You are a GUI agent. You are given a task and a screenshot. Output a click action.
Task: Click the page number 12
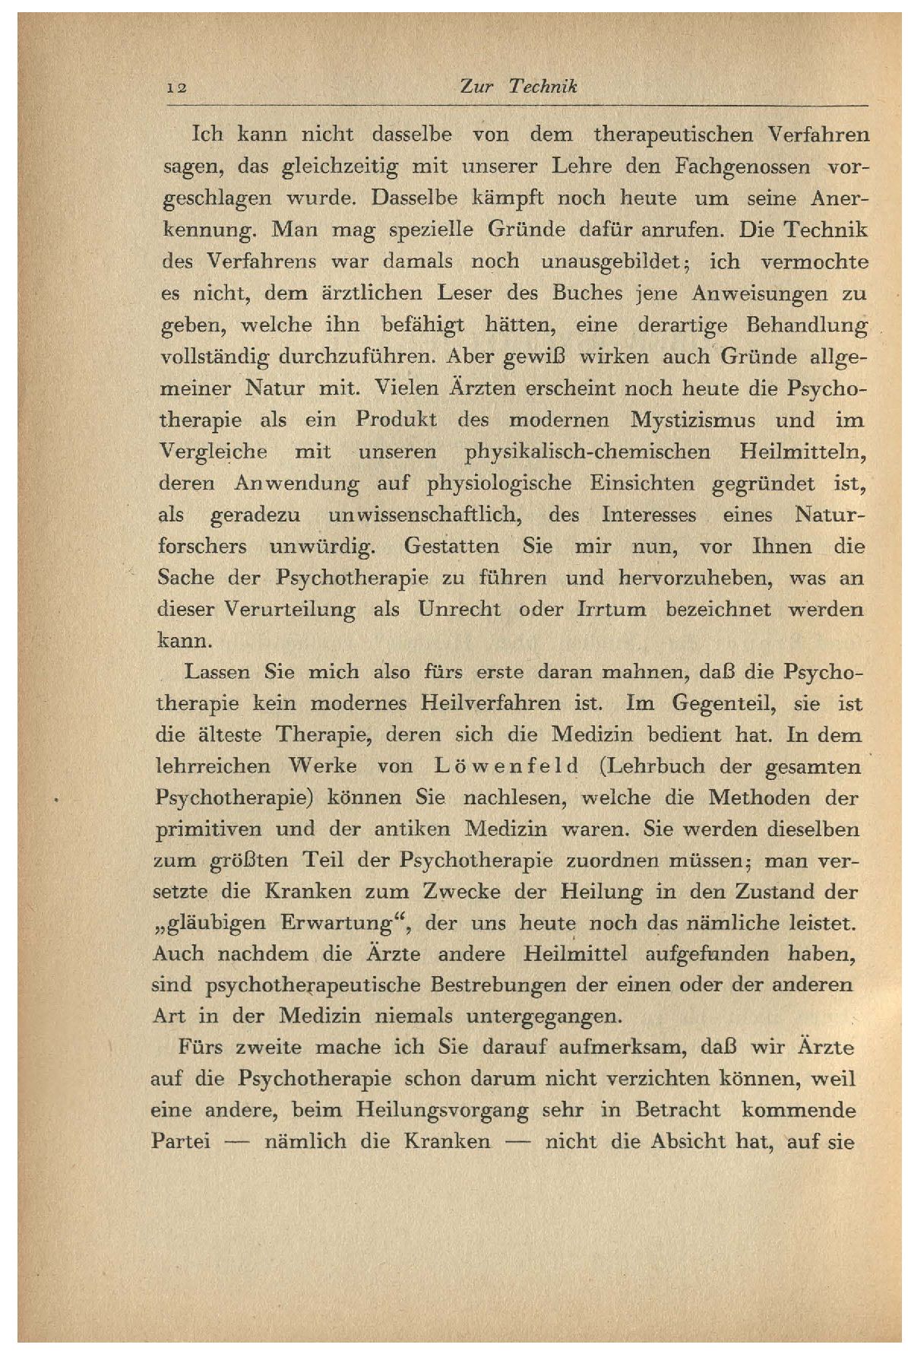pyautogui.click(x=178, y=88)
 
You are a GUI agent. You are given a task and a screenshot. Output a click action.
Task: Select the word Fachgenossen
pyautogui.click(x=729, y=166)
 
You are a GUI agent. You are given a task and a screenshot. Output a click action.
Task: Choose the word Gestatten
pyautogui.click(x=452, y=547)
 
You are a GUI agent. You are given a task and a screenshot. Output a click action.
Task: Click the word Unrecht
pyautogui.click(x=460, y=610)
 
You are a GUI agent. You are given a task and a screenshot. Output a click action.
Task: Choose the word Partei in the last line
pyautogui.click(x=182, y=1142)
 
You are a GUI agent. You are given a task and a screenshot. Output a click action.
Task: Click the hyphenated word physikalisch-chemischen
pyautogui.click(x=587, y=452)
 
